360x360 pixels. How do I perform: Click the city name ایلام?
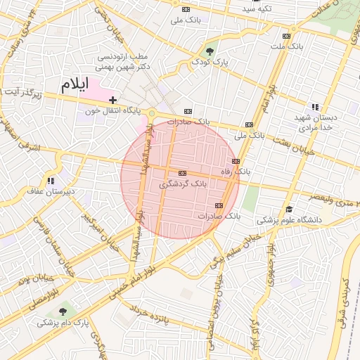(75, 84)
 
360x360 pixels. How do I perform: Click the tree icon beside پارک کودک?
(209, 51)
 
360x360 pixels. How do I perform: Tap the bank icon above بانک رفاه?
(236, 161)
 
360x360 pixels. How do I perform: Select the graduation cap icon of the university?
(289, 209)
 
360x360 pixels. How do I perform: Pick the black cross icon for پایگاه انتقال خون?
(112, 101)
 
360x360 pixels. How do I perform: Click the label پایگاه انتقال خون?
(112, 111)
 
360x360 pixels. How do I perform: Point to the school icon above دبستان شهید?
(315, 107)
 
